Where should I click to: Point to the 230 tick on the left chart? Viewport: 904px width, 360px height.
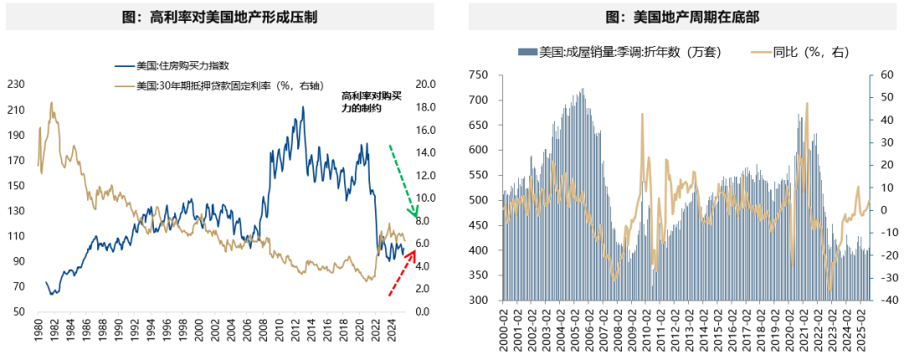[16, 84]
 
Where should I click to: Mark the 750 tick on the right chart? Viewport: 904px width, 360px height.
[478, 75]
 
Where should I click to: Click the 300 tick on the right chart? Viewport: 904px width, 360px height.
[478, 300]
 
